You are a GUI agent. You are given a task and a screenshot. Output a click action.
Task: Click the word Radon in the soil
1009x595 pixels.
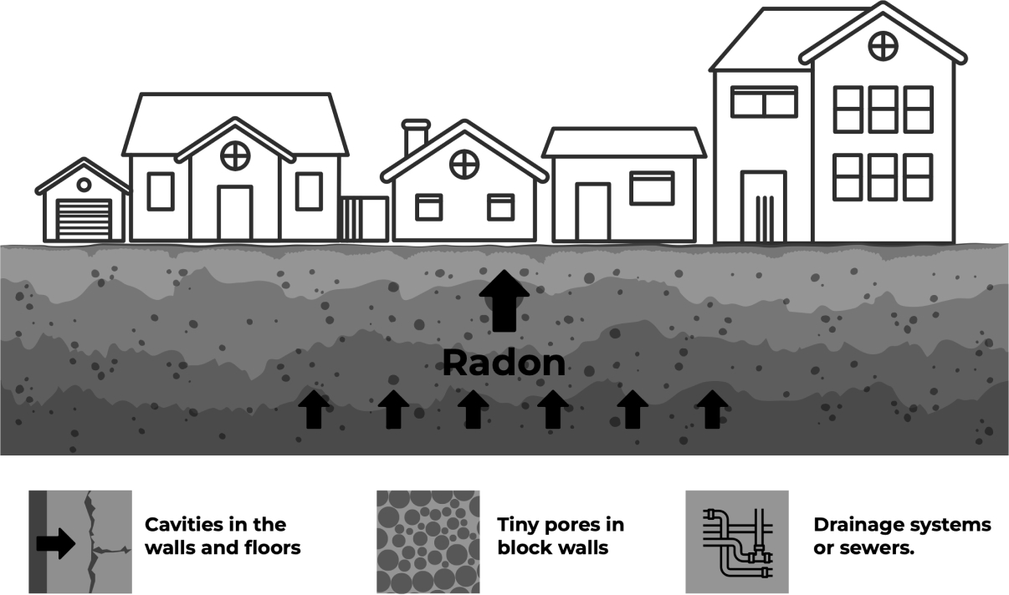pyautogui.click(x=504, y=364)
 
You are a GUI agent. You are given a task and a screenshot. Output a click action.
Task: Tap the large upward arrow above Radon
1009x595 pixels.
pyautogui.click(x=504, y=299)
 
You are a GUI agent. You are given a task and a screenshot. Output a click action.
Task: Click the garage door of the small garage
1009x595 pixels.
pyautogui.click(x=84, y=219)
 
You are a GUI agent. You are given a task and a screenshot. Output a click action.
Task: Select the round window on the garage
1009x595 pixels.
pyautogui.click(x=84, y=184)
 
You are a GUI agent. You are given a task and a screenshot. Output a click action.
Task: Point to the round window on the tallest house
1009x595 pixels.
pyautogui.click(x=883, y=45)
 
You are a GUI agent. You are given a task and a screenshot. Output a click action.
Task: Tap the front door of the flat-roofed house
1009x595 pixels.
pyautogui.click(x=592, y=211)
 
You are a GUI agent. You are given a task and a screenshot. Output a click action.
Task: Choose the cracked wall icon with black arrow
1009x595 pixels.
pyautogui.click(x=79, y=542)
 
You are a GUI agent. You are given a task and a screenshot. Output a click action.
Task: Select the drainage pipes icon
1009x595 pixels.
pyautogui.click(x=736, y=542)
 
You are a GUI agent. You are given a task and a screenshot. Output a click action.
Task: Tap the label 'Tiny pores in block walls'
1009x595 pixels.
pyautogui.click(x=561, y=536)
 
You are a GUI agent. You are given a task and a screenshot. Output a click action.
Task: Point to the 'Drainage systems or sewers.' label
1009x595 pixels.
pyautogui.click(x=902, y=536)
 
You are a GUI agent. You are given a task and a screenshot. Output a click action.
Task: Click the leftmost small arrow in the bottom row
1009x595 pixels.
pyautogui.click(x=314, y=409)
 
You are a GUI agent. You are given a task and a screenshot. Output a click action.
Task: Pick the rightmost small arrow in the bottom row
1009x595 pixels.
pyautogui.click(x=712, y=409)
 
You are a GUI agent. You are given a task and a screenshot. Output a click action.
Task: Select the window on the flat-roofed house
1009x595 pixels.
pyautogui.click(x=652, y=188)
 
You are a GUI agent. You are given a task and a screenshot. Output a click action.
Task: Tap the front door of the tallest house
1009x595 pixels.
pyautogui.click(x=763, y=206)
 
